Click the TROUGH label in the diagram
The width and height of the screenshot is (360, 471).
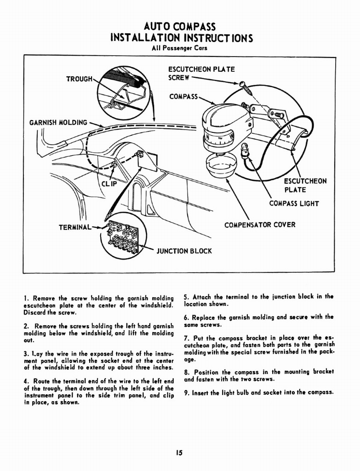pos(80,79)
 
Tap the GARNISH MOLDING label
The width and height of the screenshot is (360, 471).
pos(58,122)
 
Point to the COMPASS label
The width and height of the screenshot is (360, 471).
pos(183,97)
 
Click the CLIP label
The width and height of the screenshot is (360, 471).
pos(109,184)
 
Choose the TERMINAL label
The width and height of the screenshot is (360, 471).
pos(74,227)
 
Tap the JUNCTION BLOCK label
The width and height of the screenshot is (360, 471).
pos(184,251)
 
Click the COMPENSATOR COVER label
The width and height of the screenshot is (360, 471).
pos(260,225)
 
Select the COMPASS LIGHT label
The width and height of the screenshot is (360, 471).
pos(294,203)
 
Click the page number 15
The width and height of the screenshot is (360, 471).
pos(179,453)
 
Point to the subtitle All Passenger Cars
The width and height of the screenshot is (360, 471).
pos(180,48)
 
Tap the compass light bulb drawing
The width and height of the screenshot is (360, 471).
pos(245,149)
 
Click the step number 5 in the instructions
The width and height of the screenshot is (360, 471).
pos(186,297)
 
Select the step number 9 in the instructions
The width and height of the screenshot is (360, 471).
pos(186,392)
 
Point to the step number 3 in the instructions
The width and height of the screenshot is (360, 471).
pos(25,354)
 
